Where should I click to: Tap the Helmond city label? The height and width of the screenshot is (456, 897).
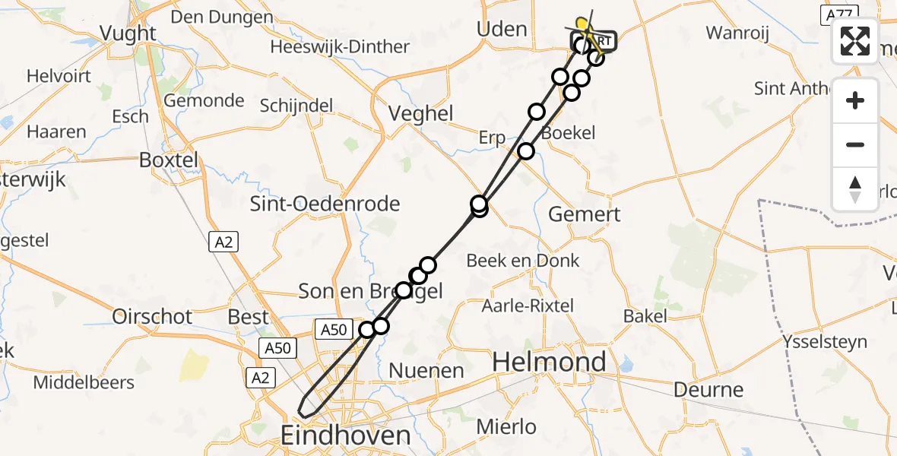point(549,362)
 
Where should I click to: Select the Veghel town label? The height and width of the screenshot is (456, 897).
point(420,114)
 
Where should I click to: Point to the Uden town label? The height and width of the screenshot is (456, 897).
point(501,30)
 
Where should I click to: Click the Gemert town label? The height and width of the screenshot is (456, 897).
point(584,214)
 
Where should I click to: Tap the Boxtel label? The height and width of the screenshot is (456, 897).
point(168,160)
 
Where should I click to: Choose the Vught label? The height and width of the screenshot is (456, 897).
point(128,33)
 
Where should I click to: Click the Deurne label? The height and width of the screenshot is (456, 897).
point(699,390)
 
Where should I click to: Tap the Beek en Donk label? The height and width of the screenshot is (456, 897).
point(522,261)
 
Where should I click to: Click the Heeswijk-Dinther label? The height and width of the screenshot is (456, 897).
point(340,47)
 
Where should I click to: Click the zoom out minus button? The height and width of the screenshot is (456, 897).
point(855,144)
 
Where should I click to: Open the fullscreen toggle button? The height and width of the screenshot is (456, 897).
point(855,41)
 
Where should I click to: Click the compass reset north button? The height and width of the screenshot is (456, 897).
point(855,188)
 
